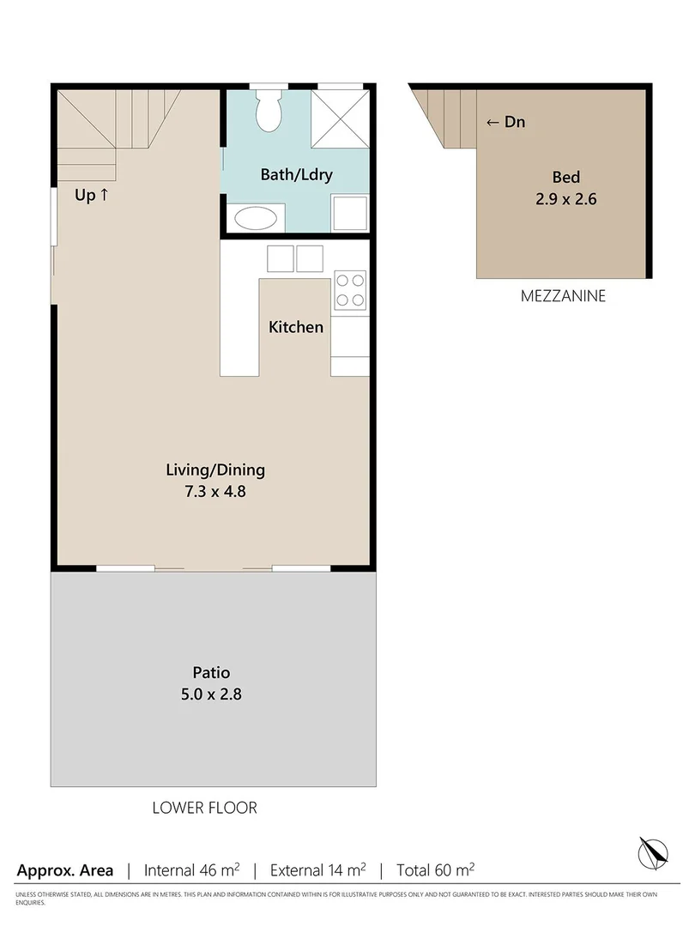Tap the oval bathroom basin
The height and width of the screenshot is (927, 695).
pos(257,217)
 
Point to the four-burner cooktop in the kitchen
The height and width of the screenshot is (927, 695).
pos(349,289)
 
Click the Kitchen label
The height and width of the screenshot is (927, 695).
pos(296,327)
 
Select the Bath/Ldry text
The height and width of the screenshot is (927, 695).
pos(296,175)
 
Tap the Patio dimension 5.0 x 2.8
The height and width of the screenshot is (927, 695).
pos(211,694)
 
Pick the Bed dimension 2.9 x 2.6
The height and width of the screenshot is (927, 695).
pos(565,199)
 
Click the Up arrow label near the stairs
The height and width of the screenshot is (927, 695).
pos(92,196)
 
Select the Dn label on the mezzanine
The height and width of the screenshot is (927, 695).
pos(506,122)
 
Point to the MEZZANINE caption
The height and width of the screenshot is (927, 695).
pos(563,297)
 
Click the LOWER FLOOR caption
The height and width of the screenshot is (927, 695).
pos(204,808)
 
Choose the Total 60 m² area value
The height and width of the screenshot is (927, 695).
pos(435,869)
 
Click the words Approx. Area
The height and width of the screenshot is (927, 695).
pos(64,869)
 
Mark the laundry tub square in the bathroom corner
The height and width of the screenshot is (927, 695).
pos(350,212)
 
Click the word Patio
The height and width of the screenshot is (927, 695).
pos(211,673)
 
